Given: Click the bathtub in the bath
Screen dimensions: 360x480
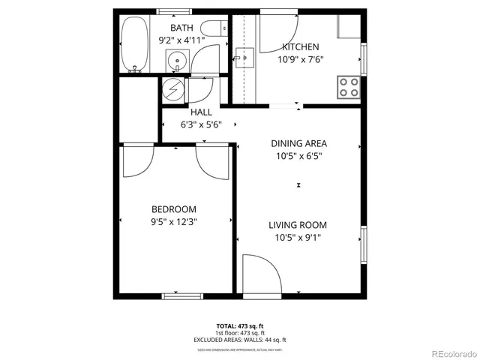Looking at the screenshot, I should tap(135, 44).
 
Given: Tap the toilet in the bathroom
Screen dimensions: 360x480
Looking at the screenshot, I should tap(212, 30).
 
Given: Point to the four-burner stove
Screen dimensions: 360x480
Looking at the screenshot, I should tap(347, 87).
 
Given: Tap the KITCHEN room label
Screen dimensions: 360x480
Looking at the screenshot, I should tap(300, 46).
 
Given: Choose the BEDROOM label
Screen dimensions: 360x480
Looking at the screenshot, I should tap(173, 209).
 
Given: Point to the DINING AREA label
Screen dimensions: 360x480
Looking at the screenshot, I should tap(299, 143).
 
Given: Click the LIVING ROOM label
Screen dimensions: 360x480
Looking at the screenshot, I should tap(298, 225).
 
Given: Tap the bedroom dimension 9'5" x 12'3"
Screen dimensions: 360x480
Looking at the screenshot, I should tap(173, 222).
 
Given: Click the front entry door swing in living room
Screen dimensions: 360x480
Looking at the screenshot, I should tap(264, 274).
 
